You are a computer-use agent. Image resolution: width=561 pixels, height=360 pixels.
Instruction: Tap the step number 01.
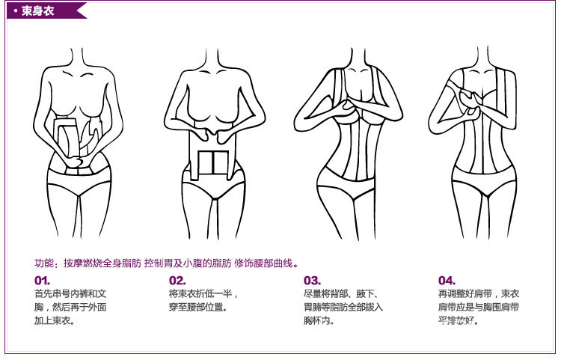pos(43,281)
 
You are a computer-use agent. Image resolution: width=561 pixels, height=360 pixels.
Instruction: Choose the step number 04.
pos(447,281)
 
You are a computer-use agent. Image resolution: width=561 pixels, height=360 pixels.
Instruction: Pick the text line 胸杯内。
pos(319,321)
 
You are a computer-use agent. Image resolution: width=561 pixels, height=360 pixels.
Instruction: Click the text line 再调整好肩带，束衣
pos(479,294)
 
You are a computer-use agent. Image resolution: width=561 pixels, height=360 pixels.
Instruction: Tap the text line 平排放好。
pos(459,321)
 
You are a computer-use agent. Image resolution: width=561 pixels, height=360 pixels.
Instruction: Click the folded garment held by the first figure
pos(75,138)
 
